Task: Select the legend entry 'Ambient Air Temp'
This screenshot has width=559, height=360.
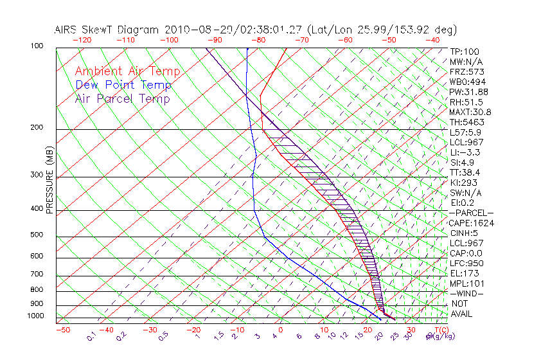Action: (127, 71)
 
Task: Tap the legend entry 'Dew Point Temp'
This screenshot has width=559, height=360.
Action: (123, 85)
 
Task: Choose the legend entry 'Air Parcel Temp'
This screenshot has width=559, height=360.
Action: (122, 98)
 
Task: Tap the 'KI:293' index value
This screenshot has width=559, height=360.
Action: (464, 183)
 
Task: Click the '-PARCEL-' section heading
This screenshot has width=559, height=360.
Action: (471, 213)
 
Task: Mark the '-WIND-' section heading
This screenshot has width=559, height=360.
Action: (466, 293)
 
